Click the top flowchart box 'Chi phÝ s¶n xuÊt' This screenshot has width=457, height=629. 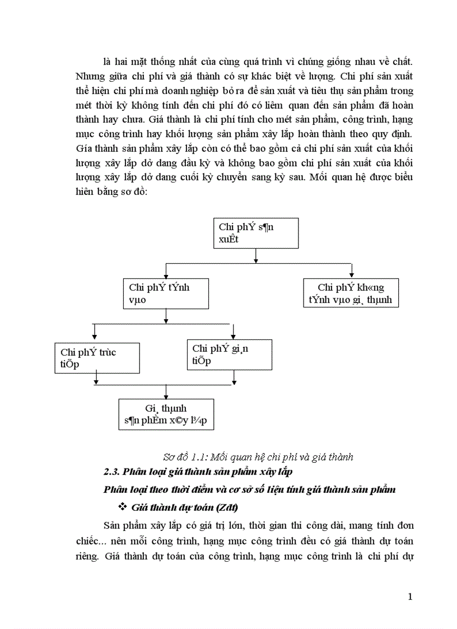click(256, 233)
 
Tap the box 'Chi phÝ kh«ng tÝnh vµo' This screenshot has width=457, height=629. click(351, 294)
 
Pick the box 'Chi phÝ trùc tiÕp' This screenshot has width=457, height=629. click(97, 358)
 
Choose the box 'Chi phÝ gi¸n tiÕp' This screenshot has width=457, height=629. click(230, 355)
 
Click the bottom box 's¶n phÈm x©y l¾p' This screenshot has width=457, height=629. click(166, 414)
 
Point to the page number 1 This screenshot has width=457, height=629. click(411, 597)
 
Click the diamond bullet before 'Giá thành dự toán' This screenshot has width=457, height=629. click(123, 508)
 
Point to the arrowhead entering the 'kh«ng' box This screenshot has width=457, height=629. click(351, 275)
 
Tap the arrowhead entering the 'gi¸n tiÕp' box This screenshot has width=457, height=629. click(230, 336)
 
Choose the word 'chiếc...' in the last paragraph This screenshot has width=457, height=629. click(89, 542)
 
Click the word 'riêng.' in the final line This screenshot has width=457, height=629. click(87, 558)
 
